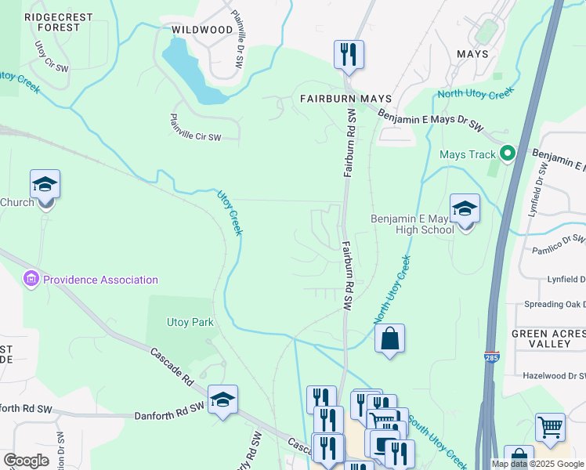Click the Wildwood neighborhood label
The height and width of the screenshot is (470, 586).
(x=202, y=30)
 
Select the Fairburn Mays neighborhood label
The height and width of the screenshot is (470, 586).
(x=345, y=99)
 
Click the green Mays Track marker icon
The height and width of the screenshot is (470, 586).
(x=508, y=154)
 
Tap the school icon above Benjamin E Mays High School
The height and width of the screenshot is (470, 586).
(x=465, y=209)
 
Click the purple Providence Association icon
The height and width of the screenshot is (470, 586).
(x=31, y=279)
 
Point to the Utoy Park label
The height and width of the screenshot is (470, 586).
(x=190, y=322)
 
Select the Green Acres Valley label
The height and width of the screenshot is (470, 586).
(x=548, y=339)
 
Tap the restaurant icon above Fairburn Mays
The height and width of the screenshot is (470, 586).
(x=349, y=55)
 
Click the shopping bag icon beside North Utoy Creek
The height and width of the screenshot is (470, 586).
(x=389, y=339)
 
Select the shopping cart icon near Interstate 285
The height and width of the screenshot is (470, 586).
(x=550, y=428)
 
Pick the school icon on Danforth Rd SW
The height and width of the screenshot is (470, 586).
(x=222, y=399)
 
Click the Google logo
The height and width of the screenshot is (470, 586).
(x=26, y=461)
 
